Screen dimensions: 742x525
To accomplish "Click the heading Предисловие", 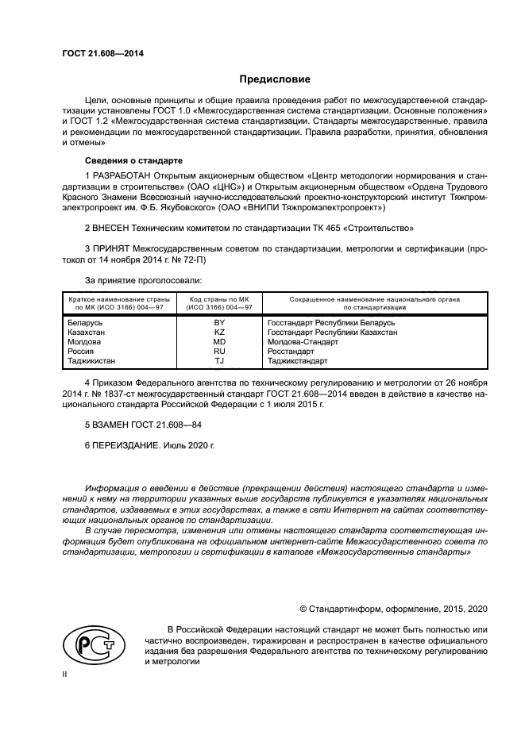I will [276, 79].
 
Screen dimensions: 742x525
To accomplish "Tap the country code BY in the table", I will [219, 323].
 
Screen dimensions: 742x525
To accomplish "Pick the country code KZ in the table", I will [219, 333].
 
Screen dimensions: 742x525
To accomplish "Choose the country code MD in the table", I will [219, 341].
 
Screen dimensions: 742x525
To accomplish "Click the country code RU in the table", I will [219, 351].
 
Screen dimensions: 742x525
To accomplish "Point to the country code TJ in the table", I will [219, 360].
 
